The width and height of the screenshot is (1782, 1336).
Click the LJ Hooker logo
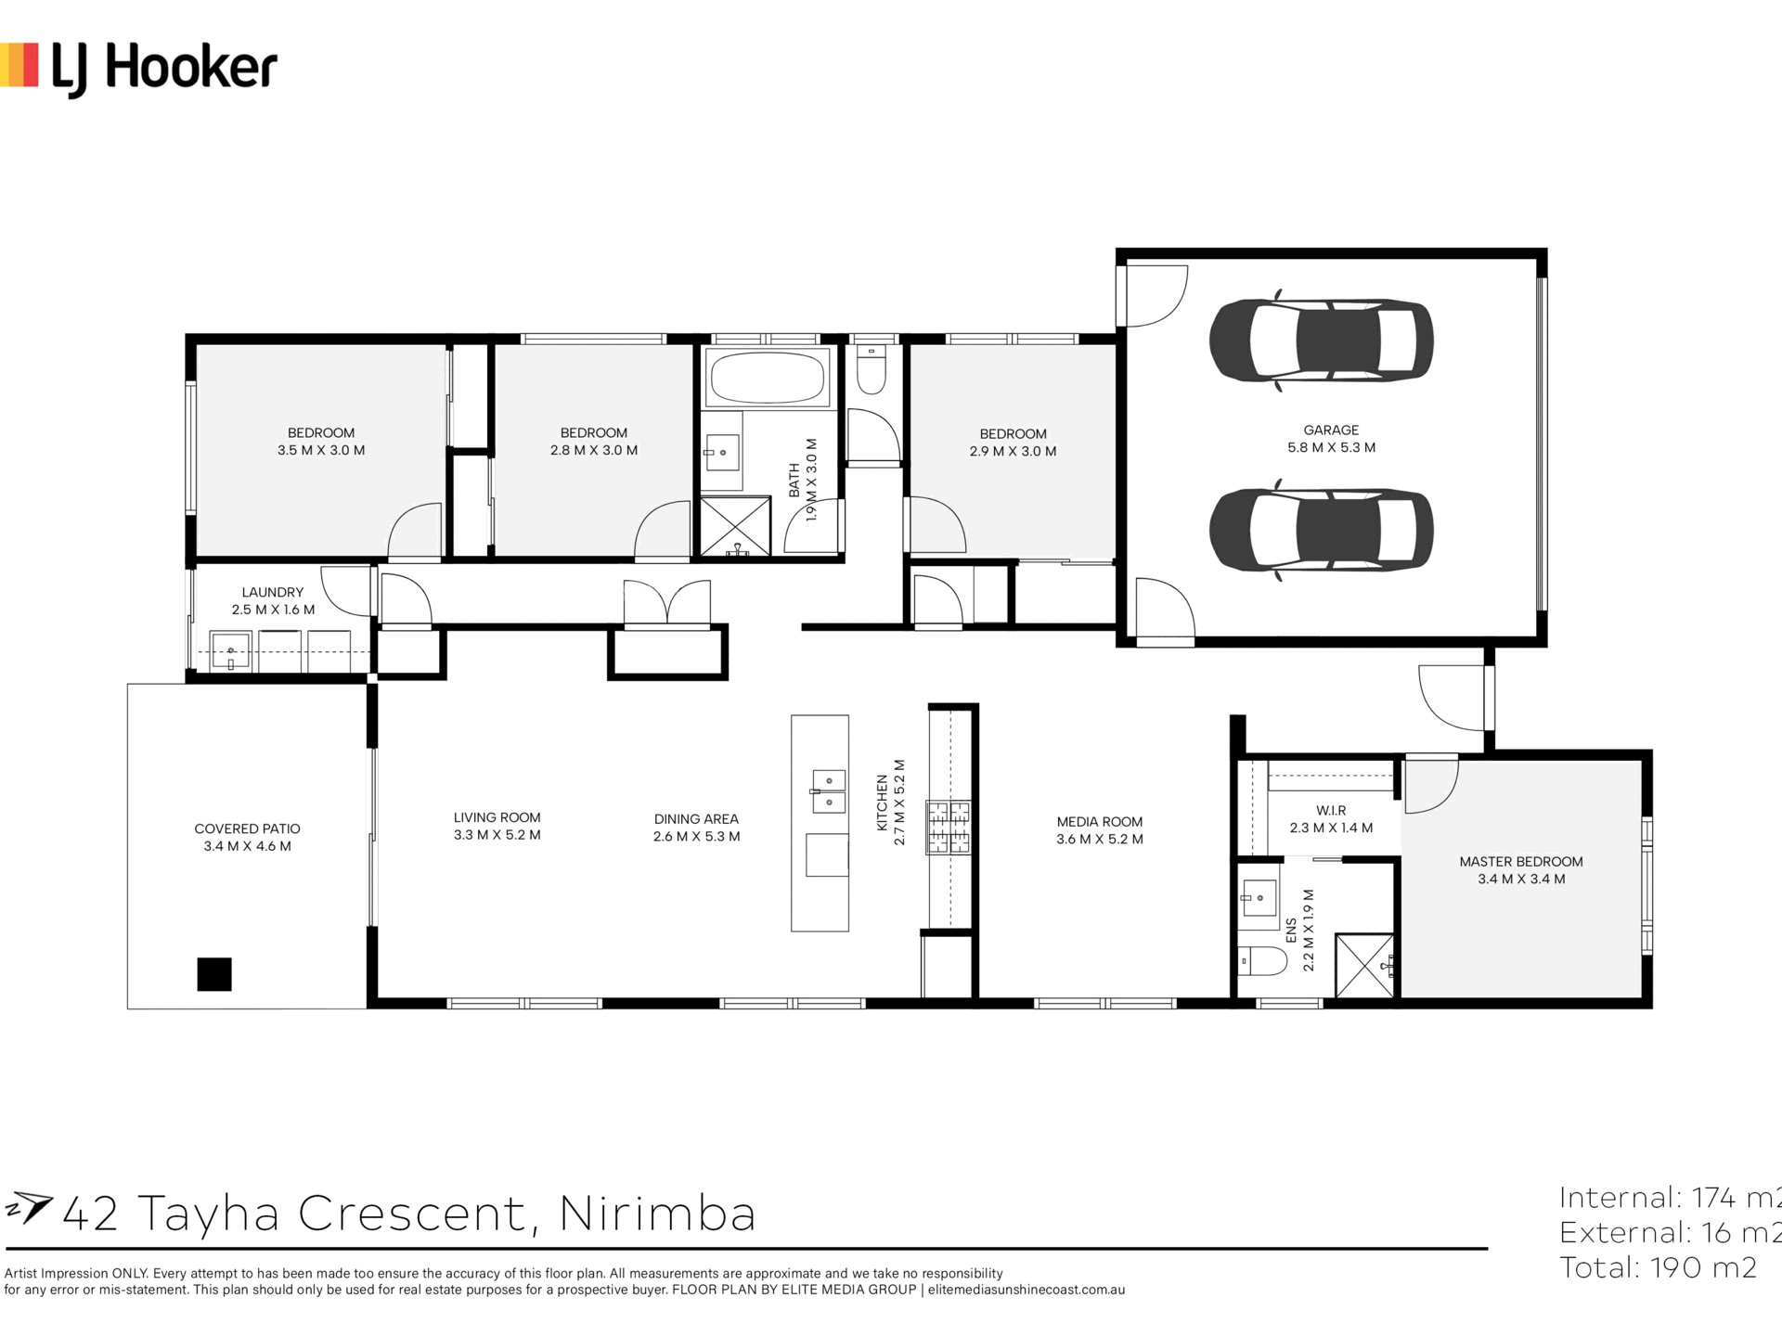(138, 68)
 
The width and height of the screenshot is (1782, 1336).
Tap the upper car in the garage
(1321, 340)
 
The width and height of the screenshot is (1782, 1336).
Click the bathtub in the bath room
(767, 379)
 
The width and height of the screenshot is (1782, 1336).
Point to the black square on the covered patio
(214, 974)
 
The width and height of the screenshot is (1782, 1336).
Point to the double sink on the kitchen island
(829, 790)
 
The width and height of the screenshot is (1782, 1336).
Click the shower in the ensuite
(1364, 966)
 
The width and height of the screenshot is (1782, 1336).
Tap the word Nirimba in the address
(658, 1214)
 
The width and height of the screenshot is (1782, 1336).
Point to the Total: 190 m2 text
(1659, 1267)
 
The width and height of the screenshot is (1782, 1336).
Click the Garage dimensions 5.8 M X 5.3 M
(1331, 447)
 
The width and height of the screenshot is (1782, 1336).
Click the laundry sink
(229, 650)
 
